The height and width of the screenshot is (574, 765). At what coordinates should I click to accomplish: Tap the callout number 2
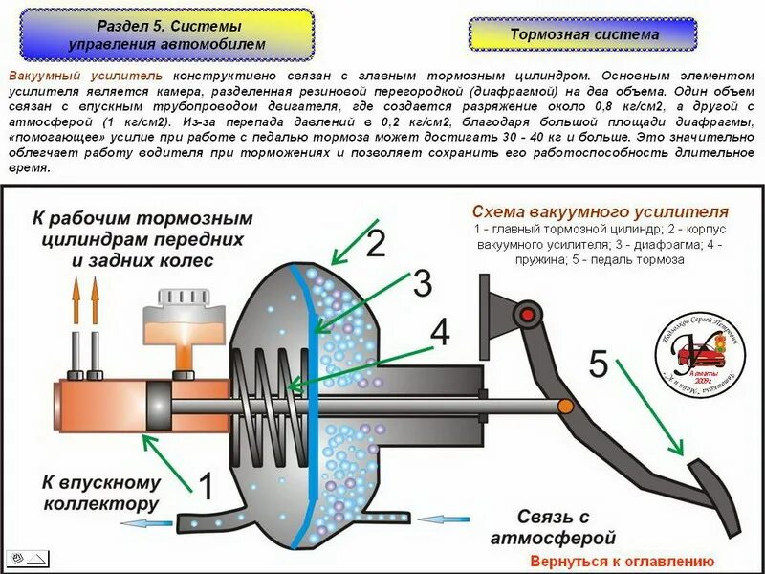(375, 243)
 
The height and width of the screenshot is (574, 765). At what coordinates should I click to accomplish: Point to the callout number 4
(439, 331)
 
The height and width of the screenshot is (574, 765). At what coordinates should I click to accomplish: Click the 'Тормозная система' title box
(584, 33)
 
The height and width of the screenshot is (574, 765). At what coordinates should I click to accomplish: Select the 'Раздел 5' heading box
(167, 33)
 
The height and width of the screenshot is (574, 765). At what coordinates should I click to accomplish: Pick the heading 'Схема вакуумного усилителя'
(600, 211)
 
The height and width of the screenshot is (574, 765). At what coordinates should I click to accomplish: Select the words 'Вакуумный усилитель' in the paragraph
(86, 74)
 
